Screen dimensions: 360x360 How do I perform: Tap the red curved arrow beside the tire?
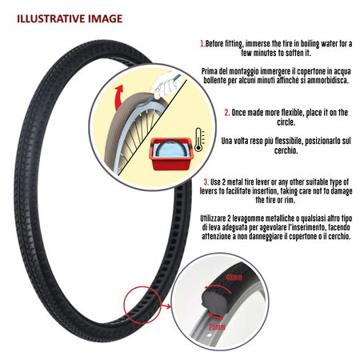[118, 98]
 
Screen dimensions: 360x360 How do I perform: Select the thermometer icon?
[198, 140]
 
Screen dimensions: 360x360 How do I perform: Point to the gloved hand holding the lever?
[166, 85]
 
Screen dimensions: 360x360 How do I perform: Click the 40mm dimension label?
[234, 278]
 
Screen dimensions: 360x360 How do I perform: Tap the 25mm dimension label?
[217, 326]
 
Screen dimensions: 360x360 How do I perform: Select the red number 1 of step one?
[202, 43]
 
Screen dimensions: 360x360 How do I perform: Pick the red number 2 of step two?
[227, 113]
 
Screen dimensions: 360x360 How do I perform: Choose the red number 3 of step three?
[206, 182]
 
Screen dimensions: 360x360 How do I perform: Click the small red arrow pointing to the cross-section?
[166, 306]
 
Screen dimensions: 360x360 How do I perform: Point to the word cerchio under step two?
[286, 150]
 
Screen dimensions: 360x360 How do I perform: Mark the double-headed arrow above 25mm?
[216, 317]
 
